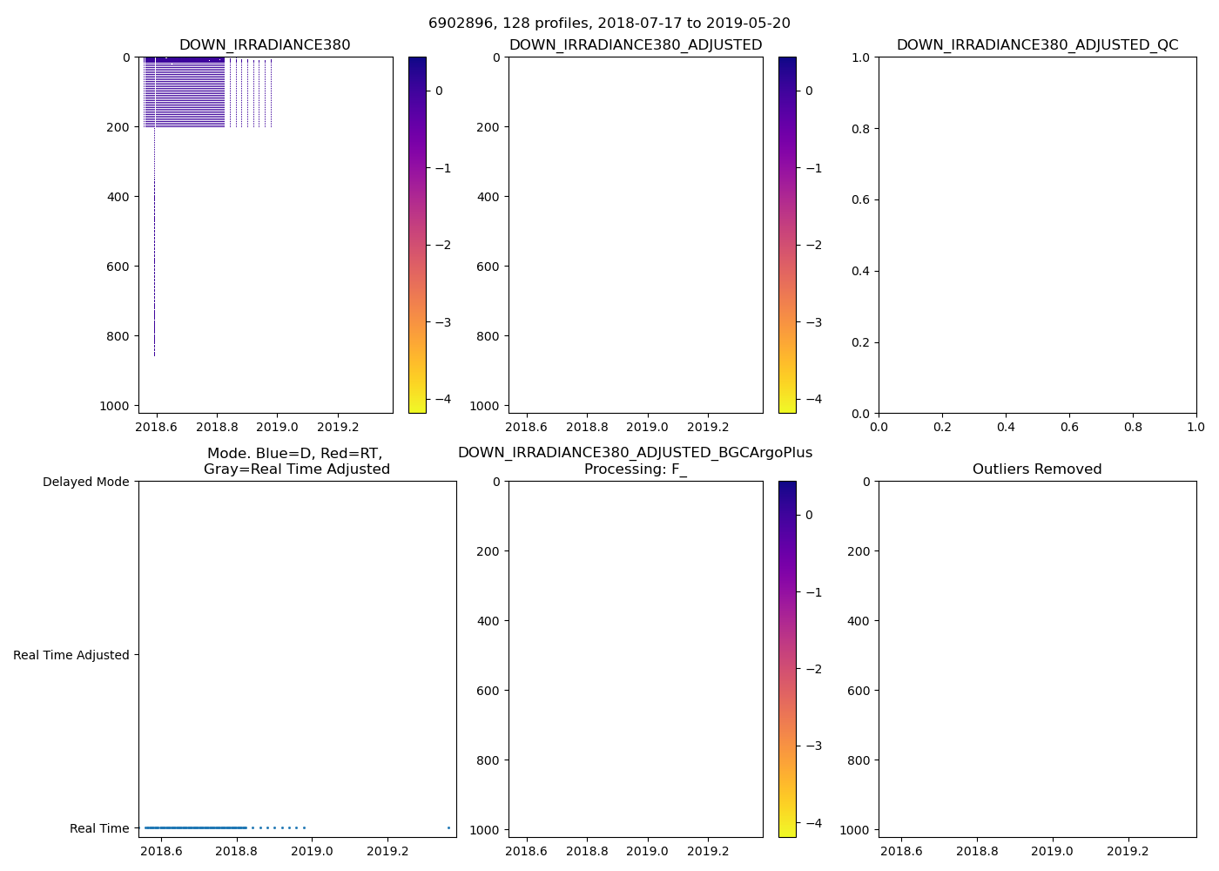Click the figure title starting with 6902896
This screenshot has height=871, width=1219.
(609, 24)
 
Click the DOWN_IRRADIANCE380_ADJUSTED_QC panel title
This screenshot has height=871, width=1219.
(1037, 45)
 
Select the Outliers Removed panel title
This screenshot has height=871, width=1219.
(1037, 469)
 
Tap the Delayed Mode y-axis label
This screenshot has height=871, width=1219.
(85, 482)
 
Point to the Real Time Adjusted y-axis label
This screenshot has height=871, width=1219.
(71, 655)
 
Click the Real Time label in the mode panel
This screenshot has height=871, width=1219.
(99, 828)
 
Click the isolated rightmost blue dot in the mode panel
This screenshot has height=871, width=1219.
(448, 827)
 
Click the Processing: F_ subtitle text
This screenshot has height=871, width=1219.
(636, 469)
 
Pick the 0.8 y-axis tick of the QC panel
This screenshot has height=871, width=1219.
(861, 129)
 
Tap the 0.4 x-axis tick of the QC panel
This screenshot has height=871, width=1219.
(1006, 428)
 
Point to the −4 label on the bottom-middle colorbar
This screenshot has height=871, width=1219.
(809, 823)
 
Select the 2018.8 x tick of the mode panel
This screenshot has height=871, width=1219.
(237, 852)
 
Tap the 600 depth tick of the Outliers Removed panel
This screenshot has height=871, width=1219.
(859, 691)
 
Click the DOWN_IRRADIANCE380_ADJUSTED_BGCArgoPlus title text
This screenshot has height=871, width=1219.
(635, 453)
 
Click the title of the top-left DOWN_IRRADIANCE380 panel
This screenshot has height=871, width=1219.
(265, 45)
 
